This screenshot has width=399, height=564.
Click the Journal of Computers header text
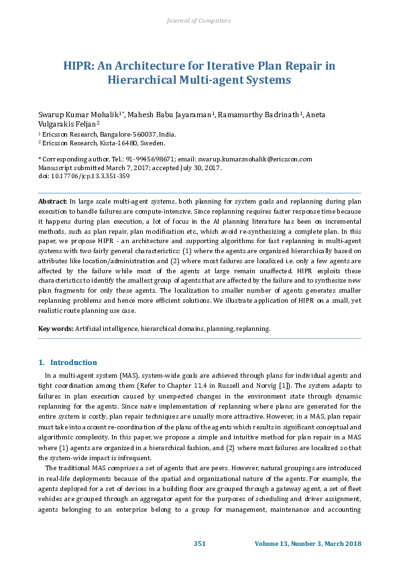(x=199, y=21)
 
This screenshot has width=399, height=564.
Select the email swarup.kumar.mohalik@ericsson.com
(x=260, y=159)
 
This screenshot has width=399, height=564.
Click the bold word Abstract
(x=52, y=202)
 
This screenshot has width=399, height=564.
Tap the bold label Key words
(x=55, y=329)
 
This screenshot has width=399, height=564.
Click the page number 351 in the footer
(x=200, y=543)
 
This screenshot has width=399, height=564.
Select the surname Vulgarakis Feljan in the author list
(x=68, y=123)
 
